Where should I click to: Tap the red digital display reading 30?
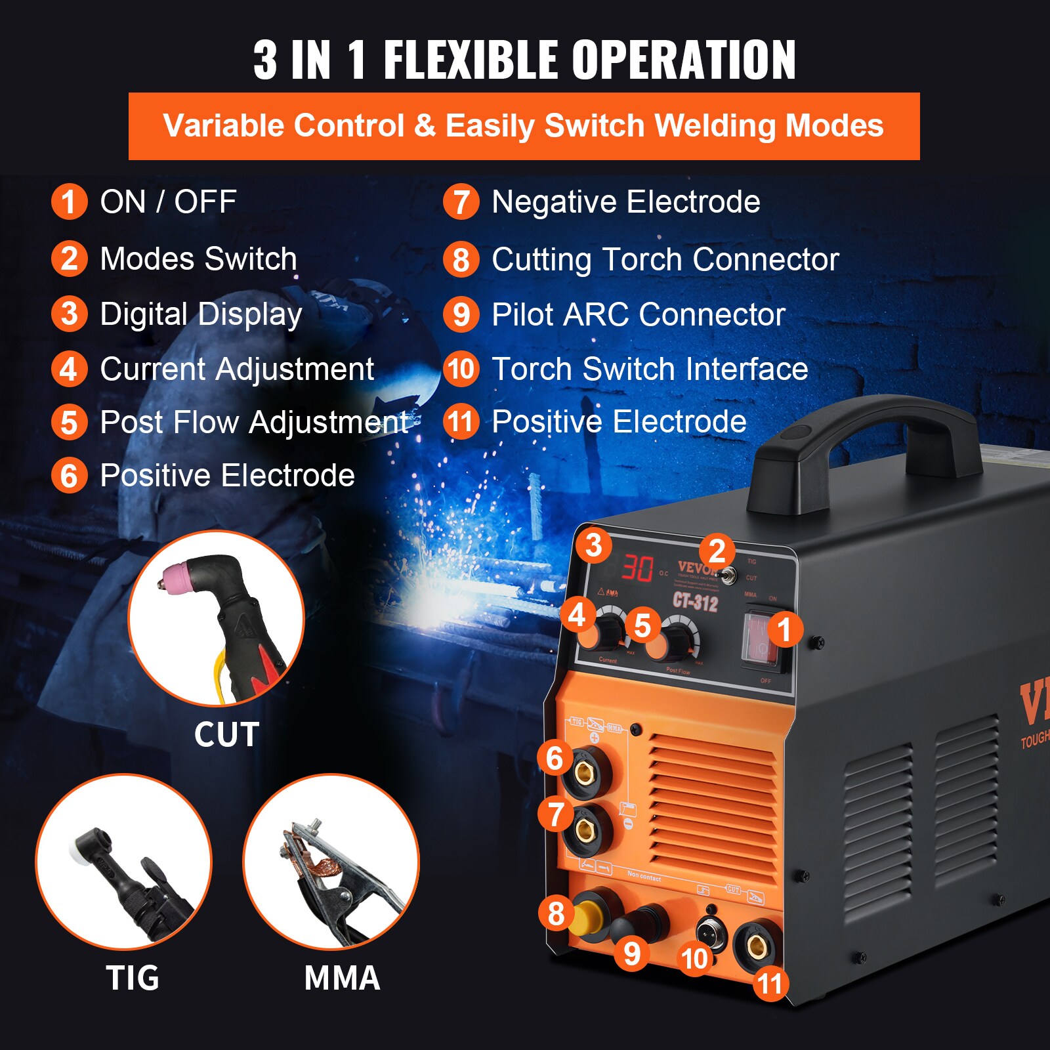[x=637, y=568]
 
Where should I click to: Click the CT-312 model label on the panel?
[x=695, y=602]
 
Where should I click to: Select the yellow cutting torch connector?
[x=586, y=916]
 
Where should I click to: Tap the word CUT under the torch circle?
[x=226, y=734]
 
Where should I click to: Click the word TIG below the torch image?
[x=133, y=978]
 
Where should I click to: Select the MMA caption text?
[x=342, y=978]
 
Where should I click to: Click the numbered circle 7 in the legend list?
[x=461, y=202]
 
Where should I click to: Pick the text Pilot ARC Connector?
[x=638, y=314]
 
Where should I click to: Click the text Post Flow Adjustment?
[x=254, y=422]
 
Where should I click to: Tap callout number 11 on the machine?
[x=770, y=983]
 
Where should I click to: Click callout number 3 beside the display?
[x=593, y=545]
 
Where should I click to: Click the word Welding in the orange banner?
[x=715, y=125]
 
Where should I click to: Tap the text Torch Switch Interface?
[x=649, y=369]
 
